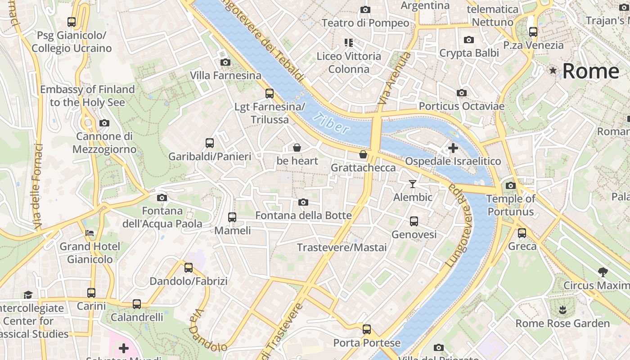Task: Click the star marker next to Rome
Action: pos(553,71)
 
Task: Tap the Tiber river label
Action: pos(332,123)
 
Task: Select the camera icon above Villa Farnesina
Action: pos(225,63)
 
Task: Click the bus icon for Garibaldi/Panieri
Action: pos(210,143)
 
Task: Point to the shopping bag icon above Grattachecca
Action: pos(363,155)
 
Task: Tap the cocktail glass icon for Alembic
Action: pos(413,184)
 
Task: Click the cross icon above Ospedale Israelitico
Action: pos(453,148)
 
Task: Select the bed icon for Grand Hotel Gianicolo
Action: pos(90,233)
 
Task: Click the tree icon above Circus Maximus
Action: pos(603,272)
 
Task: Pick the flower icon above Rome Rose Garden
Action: pos(562,310)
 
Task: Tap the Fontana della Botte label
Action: pos(303,216)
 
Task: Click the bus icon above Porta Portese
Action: pos(367,329)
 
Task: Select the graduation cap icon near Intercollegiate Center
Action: pos(28,295)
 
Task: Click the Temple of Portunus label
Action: pos(511,205)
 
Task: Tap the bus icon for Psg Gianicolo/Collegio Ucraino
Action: pos(72,22)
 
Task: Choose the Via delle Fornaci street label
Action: pos(38,185)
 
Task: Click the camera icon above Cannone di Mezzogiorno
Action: pos(104,123)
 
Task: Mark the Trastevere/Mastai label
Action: pos(342,247)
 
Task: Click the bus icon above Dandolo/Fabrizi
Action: pos(189,268)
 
